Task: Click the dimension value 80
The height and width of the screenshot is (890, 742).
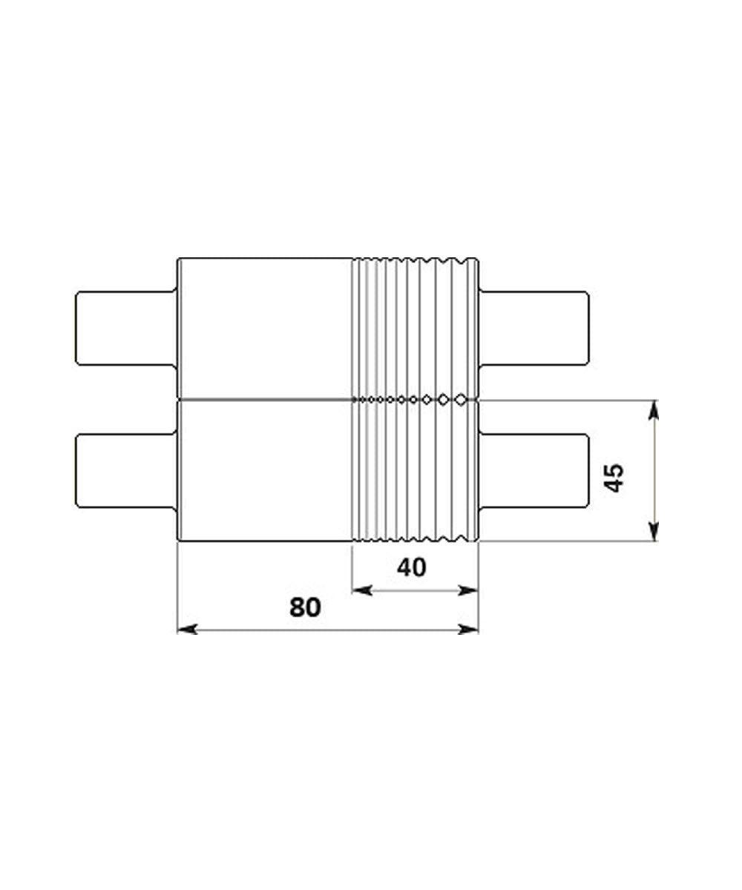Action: [x=305, y=607]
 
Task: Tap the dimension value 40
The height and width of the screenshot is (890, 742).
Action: [x=412, y=568]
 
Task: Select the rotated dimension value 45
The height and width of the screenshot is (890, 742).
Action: [x=614, y=478]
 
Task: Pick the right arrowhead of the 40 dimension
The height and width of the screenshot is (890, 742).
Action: [x=470, y=590]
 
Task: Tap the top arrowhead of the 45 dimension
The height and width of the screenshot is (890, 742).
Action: [x=653, y=409]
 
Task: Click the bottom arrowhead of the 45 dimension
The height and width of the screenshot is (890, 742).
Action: [x=653, y=533]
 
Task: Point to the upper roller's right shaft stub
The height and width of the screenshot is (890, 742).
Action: [x=535, y=329]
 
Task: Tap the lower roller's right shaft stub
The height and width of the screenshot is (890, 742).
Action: [x=535, y=471]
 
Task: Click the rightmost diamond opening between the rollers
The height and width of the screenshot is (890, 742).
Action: [x=461, y=399]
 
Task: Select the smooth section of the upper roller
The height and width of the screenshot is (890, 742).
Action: [x=264, y=329]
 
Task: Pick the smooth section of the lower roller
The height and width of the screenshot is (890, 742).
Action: [x=264, y=471]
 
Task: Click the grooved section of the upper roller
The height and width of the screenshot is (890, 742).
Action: [x=414, y=329]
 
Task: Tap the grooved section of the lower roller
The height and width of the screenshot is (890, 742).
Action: [x=414, y=471]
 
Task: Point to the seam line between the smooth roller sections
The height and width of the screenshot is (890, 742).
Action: [x=264, y=399]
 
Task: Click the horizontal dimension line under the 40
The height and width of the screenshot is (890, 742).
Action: [x=414, y=590]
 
